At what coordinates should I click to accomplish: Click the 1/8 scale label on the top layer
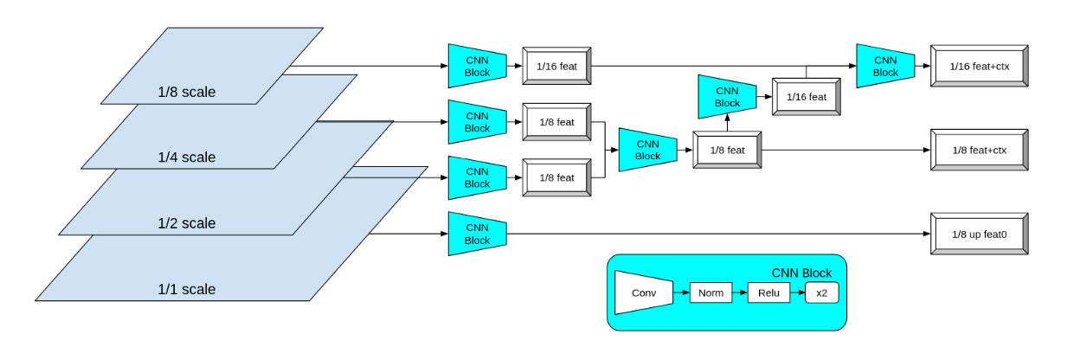(186, 92)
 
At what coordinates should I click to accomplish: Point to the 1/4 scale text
(186, 157)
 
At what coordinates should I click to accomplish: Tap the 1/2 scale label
(186, 223)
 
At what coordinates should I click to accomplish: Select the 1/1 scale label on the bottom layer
(186, 289)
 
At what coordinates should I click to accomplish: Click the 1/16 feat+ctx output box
(978, 66)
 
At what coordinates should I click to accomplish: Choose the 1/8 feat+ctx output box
(978, 150)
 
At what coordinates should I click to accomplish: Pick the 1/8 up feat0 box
(978, 234)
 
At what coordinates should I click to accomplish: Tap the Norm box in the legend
(710, 293)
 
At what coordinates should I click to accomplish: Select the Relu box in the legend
(768, 293)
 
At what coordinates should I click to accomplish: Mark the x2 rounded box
(821, 293)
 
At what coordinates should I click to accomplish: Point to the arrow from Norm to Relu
(740, 293)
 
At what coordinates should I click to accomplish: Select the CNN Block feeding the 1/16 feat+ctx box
(884, 66)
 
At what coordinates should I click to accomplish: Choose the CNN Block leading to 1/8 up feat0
(476, 234)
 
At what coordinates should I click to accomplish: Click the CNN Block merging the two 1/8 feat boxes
(646, 150)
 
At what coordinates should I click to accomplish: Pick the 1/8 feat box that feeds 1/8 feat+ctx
(727, 150)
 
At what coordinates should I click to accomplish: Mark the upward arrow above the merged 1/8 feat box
(727, 123)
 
